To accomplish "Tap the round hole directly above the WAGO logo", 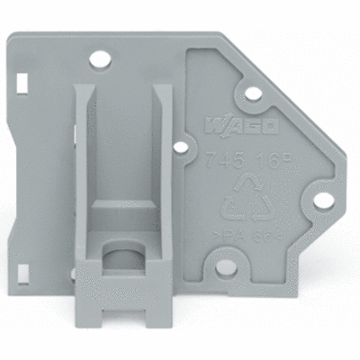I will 253,92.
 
